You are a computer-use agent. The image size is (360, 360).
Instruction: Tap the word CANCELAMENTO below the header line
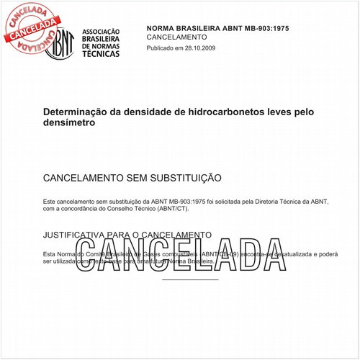(x=176, y=37)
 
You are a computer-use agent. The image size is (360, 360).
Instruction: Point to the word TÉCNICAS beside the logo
(x=102, y=53)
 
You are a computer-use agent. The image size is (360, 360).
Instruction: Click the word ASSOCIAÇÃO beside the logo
(x=102, y=33)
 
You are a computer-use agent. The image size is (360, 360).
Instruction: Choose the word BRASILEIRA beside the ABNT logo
(x=102, y=40)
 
